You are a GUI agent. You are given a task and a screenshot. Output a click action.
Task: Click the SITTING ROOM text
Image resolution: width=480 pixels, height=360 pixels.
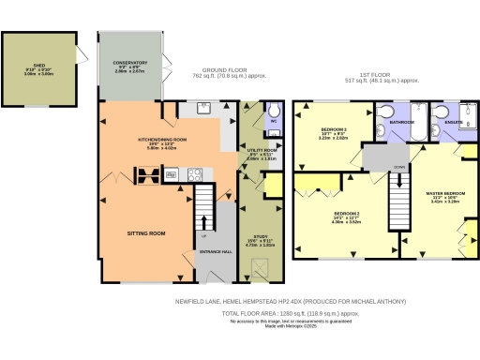pyautogui.click(x=145, y=232)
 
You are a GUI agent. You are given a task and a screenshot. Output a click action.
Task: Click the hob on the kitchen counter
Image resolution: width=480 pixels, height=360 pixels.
pyautogui.click(x=195, y=173)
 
